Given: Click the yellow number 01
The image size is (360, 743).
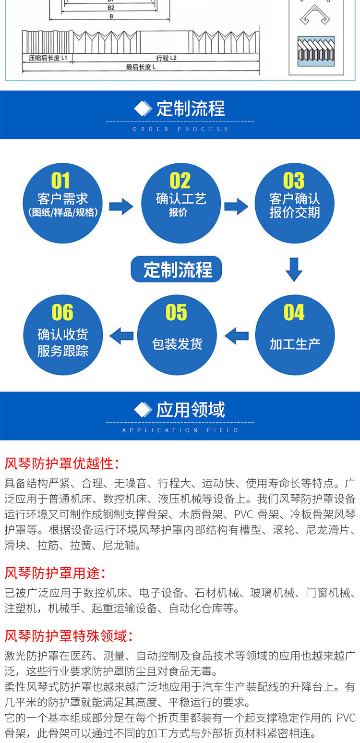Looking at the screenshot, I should click(x=60, y=181).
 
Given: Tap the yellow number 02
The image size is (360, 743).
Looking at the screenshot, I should click(x=180, y=181).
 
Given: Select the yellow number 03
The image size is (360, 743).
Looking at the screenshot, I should click(x=294, y=181).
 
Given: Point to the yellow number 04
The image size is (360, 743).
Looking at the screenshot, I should click(x=294, y=313).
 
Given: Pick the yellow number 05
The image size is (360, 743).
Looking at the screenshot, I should click(x=176, y=313).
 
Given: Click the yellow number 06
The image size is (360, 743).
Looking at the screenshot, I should click(x=62, y=313).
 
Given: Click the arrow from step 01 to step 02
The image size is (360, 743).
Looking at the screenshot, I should click(x=121, y=206).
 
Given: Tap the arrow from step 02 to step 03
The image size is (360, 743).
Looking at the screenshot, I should click(x=236, y=206).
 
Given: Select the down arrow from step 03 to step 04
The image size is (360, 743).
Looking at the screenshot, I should click(x=294, y=269).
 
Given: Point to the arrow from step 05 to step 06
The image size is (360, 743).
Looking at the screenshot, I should click(x=121, y=335).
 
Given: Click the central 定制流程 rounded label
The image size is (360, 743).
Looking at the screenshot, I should click(x=177, y=269).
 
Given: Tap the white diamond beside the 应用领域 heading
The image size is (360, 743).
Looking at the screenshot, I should click(x=143, y=410).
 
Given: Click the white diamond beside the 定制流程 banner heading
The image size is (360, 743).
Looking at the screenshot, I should click(x=143, y=109).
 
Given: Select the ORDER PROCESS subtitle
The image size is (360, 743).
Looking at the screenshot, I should click(x=180, y=129).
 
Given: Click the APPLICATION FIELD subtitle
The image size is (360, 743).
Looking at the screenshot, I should click(x=180, y=430).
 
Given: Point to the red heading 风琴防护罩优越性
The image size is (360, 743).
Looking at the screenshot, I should click(x=61, y=463).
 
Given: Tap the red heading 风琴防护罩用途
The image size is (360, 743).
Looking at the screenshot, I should click(x=55, y=573).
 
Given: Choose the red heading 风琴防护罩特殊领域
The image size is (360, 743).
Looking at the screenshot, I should click(x=68, y=636).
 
